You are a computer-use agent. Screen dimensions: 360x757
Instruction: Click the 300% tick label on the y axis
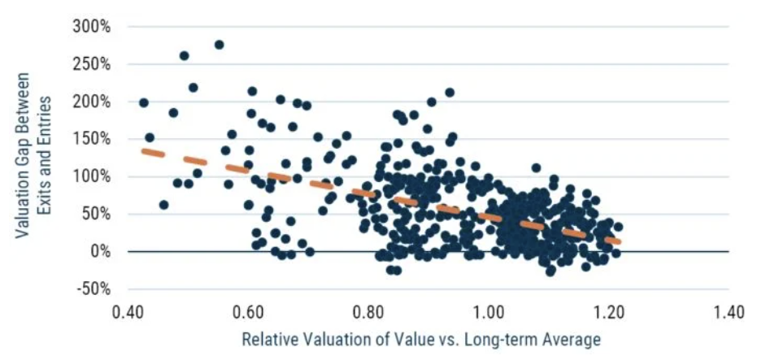pyautogui.click(x=93, y=27)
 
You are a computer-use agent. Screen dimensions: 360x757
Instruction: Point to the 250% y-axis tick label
pyautogui.click(x=93, y=64)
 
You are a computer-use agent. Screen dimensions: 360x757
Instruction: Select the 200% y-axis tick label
pyautogui.click(x=93, y=102)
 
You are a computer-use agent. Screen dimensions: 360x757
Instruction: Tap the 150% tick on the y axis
pyautogui.click(x=93, y=139)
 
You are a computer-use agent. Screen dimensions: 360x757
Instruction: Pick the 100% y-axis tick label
pyautogui.click(x=93, y=176)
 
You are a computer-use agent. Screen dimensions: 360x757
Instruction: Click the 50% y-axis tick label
pyautogui.click(x=96, y=214)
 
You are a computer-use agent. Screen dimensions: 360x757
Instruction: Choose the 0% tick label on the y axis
pyautogui.click(x=99, y=251)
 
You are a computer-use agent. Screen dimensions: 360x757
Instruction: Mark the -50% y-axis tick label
pyautogui.click(x=94, y=288)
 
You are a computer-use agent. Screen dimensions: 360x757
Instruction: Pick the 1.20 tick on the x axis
pyautogui.click(x=607, y=313)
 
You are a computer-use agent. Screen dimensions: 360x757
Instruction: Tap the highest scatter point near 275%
pyautogui.click(x=219, y=45)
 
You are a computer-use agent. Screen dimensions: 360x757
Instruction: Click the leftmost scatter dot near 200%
pyautogui.click(x=144, y=103)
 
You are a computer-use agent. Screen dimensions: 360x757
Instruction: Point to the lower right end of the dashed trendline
pyautogui.click(x=619, y=241)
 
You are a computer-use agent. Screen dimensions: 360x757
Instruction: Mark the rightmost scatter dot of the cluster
pyautogui.click(x=618, y=228)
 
